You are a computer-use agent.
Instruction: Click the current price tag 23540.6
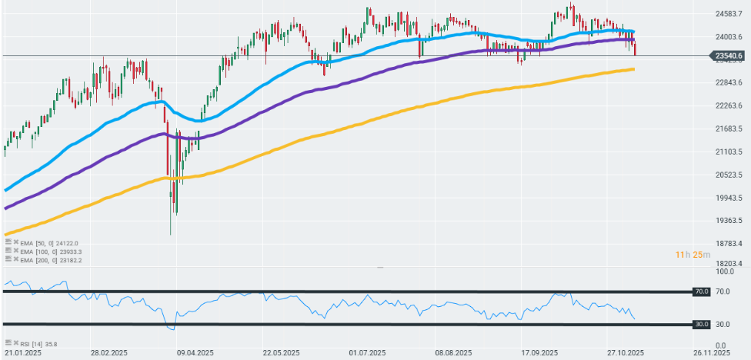[x=728, y=55]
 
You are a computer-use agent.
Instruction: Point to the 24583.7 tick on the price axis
[x=729, y=14]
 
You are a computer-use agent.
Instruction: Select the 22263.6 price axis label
[x=729, y=105]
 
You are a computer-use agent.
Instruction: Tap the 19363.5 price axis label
[x=729, y=221]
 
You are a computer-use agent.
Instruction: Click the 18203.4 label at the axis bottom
[x=729, y=263]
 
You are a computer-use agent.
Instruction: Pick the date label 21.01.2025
[x=22, y=353]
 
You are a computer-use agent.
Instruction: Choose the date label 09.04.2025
[x=194, y=353]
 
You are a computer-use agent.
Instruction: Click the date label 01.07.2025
[x=366, y=353]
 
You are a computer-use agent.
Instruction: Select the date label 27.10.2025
[x=624, y=353]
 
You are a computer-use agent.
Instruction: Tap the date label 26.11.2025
[x=710, y=353]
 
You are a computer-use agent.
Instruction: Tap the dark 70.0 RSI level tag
[x=701, y=292]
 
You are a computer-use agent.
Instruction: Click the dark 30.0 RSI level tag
[x=701, y=325]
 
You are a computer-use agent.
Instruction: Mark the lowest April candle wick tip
[x=169, y=235]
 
